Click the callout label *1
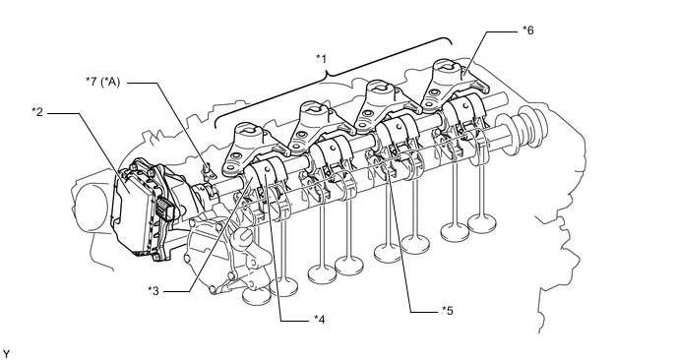(321, 58)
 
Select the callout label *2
(37, 112)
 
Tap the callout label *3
(154, 291)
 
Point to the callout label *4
(319, 319)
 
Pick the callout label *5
(448, 311)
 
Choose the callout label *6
(528, 30)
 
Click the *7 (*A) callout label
(102, 82)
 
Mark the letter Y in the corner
(6, 354)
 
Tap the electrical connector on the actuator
(165, 209)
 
